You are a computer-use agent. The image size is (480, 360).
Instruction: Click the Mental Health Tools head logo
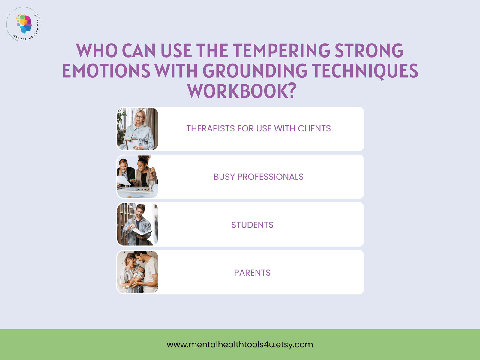pos(23,24)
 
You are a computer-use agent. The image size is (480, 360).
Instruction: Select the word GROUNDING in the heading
pos(255,70)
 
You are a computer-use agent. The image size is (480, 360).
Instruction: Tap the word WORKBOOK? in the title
pos(242,91)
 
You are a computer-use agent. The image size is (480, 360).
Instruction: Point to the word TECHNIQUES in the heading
pos(365,71)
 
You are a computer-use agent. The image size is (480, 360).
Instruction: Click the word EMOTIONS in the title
pos(106,70)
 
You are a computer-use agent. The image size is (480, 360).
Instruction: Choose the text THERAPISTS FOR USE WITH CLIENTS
pos(259,128)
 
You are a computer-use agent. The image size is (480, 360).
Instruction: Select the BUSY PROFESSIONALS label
pos(259,177)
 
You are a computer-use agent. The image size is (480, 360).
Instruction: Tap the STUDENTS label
pos(252,225)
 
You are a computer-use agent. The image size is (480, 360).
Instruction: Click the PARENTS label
pos(252,273)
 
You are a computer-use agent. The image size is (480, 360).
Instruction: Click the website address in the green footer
pos(240,345)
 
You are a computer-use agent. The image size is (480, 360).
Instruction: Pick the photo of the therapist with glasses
pos(138,129)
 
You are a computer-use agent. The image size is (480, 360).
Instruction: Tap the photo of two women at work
pos(138,177)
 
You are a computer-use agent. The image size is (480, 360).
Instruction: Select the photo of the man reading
pos(138,224)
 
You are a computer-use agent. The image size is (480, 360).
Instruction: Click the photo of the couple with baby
pos(138,272)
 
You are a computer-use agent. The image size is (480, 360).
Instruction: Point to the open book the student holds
pos(141,232)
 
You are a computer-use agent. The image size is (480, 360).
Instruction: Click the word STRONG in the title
pos(369,50)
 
